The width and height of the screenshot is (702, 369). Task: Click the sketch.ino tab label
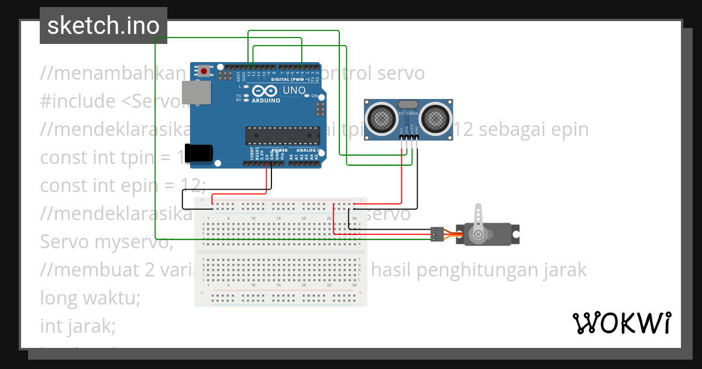[103, 26]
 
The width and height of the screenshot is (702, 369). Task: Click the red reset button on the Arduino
[204, 71]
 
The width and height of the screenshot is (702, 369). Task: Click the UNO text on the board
[294, 91]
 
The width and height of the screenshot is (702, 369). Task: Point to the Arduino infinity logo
[265, 91]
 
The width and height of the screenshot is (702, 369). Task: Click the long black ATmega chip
[283, 135]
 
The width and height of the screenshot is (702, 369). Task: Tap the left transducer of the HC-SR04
[381, 118]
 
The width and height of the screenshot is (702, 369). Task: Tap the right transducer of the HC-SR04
[435, 118]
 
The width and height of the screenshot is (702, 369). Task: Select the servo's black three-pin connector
[436, 234]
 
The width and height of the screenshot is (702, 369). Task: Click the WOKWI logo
[621, 323]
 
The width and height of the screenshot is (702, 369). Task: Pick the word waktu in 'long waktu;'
[111, 298]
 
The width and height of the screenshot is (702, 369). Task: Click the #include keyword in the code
[78, 101]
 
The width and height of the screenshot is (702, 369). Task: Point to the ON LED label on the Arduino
[315, 95]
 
